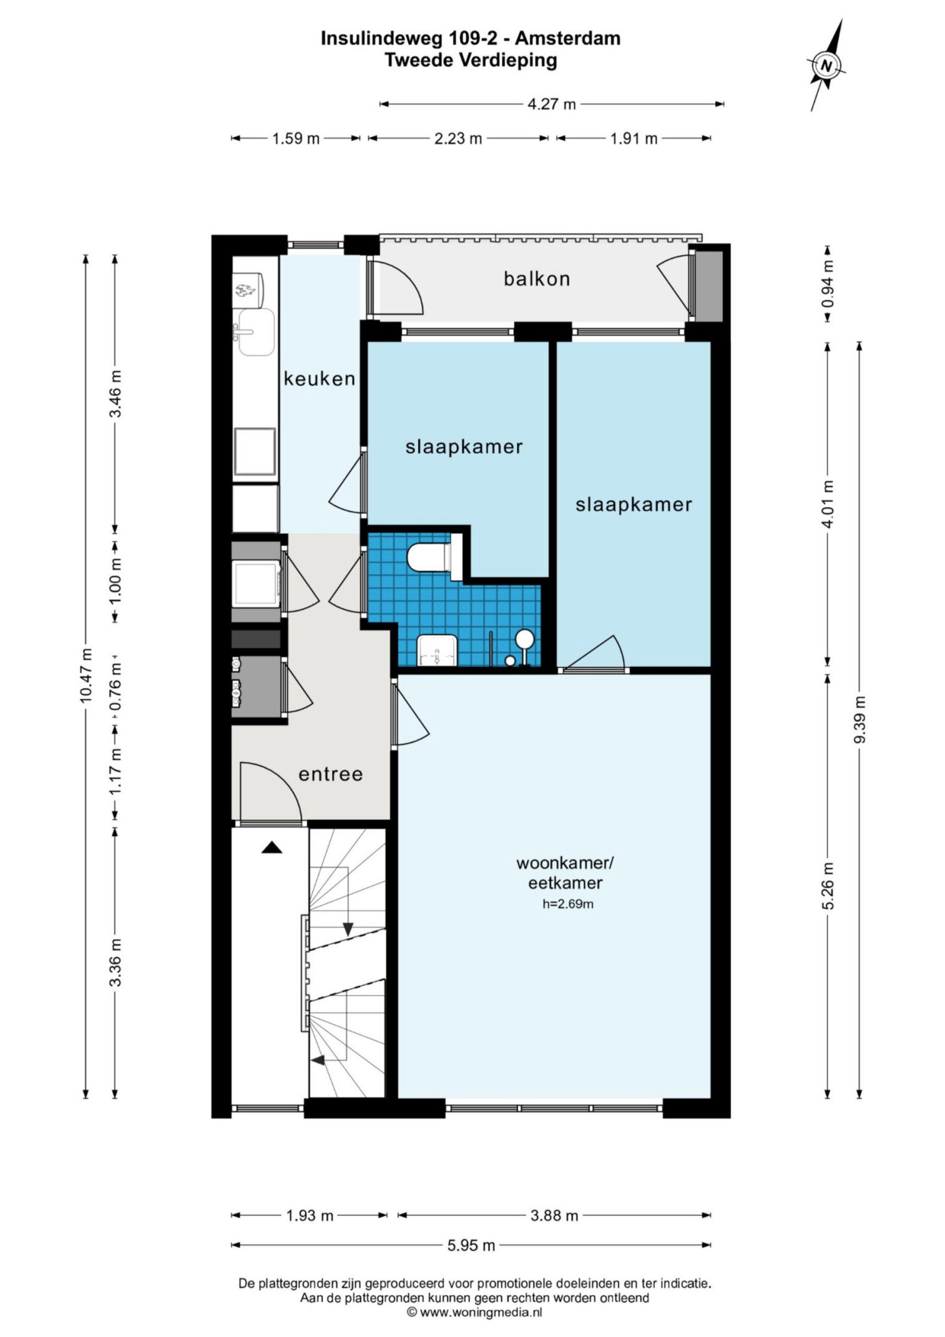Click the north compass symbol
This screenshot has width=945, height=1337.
[826, 65]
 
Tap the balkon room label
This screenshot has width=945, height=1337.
[537, 279]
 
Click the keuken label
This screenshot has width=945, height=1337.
[319, 378]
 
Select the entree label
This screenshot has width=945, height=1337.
[330, 774]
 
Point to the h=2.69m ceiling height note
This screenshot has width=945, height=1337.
[567, 904]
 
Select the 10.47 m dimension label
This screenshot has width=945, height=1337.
[86, 676]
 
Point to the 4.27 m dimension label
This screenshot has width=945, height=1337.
[552, 104]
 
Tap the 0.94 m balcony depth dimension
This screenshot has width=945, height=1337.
[828, 283]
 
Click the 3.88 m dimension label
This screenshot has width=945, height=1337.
[554, 1215]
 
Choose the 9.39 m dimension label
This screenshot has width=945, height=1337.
[860, 719]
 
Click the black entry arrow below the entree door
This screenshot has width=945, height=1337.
[272, 847]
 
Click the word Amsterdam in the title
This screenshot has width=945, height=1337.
[567, 39]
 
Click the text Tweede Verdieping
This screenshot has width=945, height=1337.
[471, 61]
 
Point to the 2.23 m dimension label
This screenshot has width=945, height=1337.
[458, 139]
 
